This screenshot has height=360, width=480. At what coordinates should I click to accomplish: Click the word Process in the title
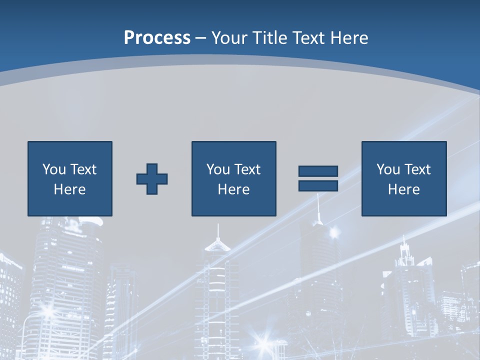pyautogui.click(x=157, y=38)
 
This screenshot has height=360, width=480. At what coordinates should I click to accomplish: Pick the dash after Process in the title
pyautogui.click(x=201, y=38)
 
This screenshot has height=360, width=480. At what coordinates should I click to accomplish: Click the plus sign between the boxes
pyautogui.click(x=152, y=178)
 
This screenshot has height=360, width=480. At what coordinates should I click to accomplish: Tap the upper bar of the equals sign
pyautogui.click(x=318, y=171)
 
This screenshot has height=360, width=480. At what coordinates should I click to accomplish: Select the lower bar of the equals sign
pyautogui.click(x=318, y=185)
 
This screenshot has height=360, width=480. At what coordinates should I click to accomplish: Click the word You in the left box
pyautogui.click(x=54, y=169)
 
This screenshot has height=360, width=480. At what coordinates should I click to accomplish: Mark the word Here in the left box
pyautogui.click(x=69, y=189)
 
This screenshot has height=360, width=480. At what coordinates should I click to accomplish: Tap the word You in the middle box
pyautogui.click(x=218, y=169)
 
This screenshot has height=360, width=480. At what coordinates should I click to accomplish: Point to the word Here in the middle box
pyautogui.click(x=233, y=189)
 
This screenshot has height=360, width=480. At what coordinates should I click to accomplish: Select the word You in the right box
pyautogui.click(x=388, y=169)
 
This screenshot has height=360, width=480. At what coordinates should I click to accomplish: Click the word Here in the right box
pyautogui.click(x=403, y=189)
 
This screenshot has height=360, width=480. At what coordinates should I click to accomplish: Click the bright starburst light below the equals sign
pyautogui.click(x=333, y=232)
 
